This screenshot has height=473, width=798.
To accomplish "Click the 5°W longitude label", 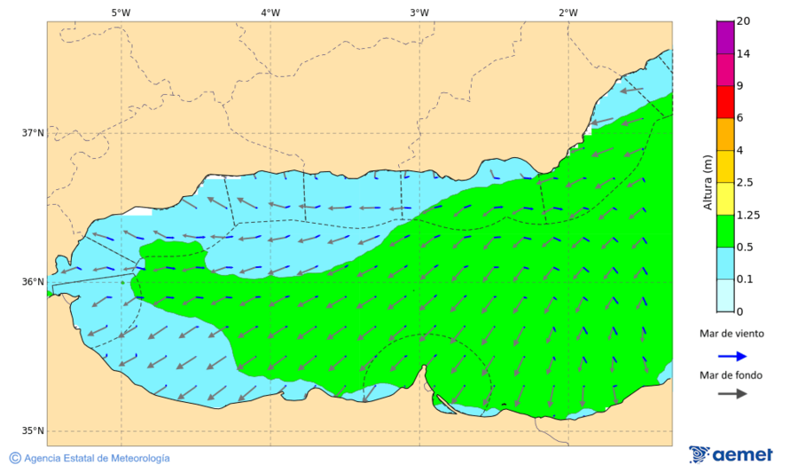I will tap(121, 12).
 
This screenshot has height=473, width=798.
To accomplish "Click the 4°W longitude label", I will tap(270, 12).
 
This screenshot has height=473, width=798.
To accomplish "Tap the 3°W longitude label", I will tap(419, 12).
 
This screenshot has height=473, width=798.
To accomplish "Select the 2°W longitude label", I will tap(568, 12).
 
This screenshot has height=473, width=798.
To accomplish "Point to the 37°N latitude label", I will tap(33, 133).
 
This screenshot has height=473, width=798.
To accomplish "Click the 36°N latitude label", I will tap(33, 282).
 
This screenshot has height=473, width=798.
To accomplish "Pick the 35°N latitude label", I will tap(33, 431).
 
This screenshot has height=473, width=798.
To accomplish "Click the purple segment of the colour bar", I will tap(725, 37).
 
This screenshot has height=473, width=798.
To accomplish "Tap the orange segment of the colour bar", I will tap(725, 134).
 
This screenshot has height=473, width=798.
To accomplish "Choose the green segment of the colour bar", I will tap(725, 231).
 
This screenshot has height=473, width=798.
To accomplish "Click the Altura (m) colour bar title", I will tap(708, 183).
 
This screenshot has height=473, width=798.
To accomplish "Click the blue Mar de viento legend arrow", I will tap(731, 354).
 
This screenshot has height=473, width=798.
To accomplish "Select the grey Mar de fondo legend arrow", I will tap(731, 393).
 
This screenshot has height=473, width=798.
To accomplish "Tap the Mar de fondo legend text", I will tap(731, 374).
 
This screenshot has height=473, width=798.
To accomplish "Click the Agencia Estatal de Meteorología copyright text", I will tap(90, 458).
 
